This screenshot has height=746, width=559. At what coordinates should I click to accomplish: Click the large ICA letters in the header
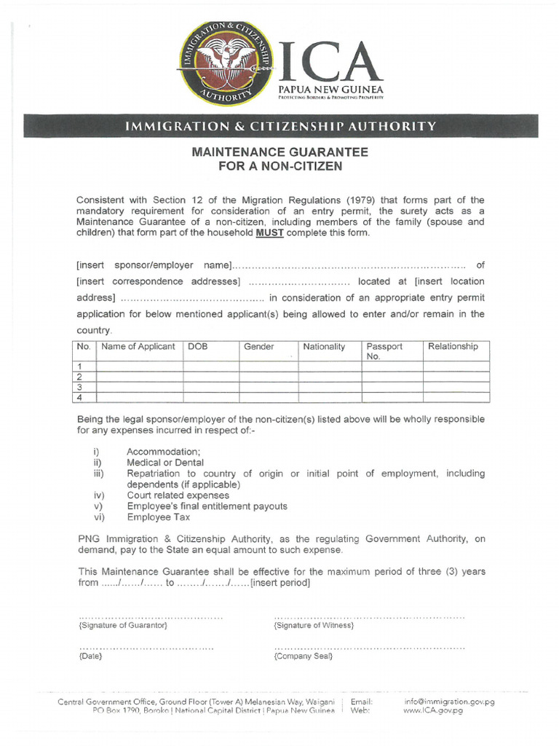tap(330, 62)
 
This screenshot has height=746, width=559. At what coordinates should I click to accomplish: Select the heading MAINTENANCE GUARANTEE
tap(279, 152)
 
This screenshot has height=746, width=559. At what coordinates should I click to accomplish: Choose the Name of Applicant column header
tap(138, 347)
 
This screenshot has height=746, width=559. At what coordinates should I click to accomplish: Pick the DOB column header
tap(198, 347)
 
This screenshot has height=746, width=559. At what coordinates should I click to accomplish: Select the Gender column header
tap(258, 347)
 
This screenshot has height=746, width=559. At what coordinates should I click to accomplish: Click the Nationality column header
tap(324, 347)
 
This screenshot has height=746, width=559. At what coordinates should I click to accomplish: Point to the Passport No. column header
tap(384, 351)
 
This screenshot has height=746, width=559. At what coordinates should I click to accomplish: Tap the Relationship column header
tap(453, 347)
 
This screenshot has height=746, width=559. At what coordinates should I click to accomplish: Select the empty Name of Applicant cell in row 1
tap(139, 366)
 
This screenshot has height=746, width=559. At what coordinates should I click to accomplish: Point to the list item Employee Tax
tap(158, 517)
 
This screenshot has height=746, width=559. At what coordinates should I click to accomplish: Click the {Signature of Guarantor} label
tap(123, 626)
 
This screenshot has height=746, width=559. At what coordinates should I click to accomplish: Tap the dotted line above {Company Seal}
tap(370, 648)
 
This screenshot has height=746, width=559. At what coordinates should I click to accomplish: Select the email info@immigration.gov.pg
tap(449, 702)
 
